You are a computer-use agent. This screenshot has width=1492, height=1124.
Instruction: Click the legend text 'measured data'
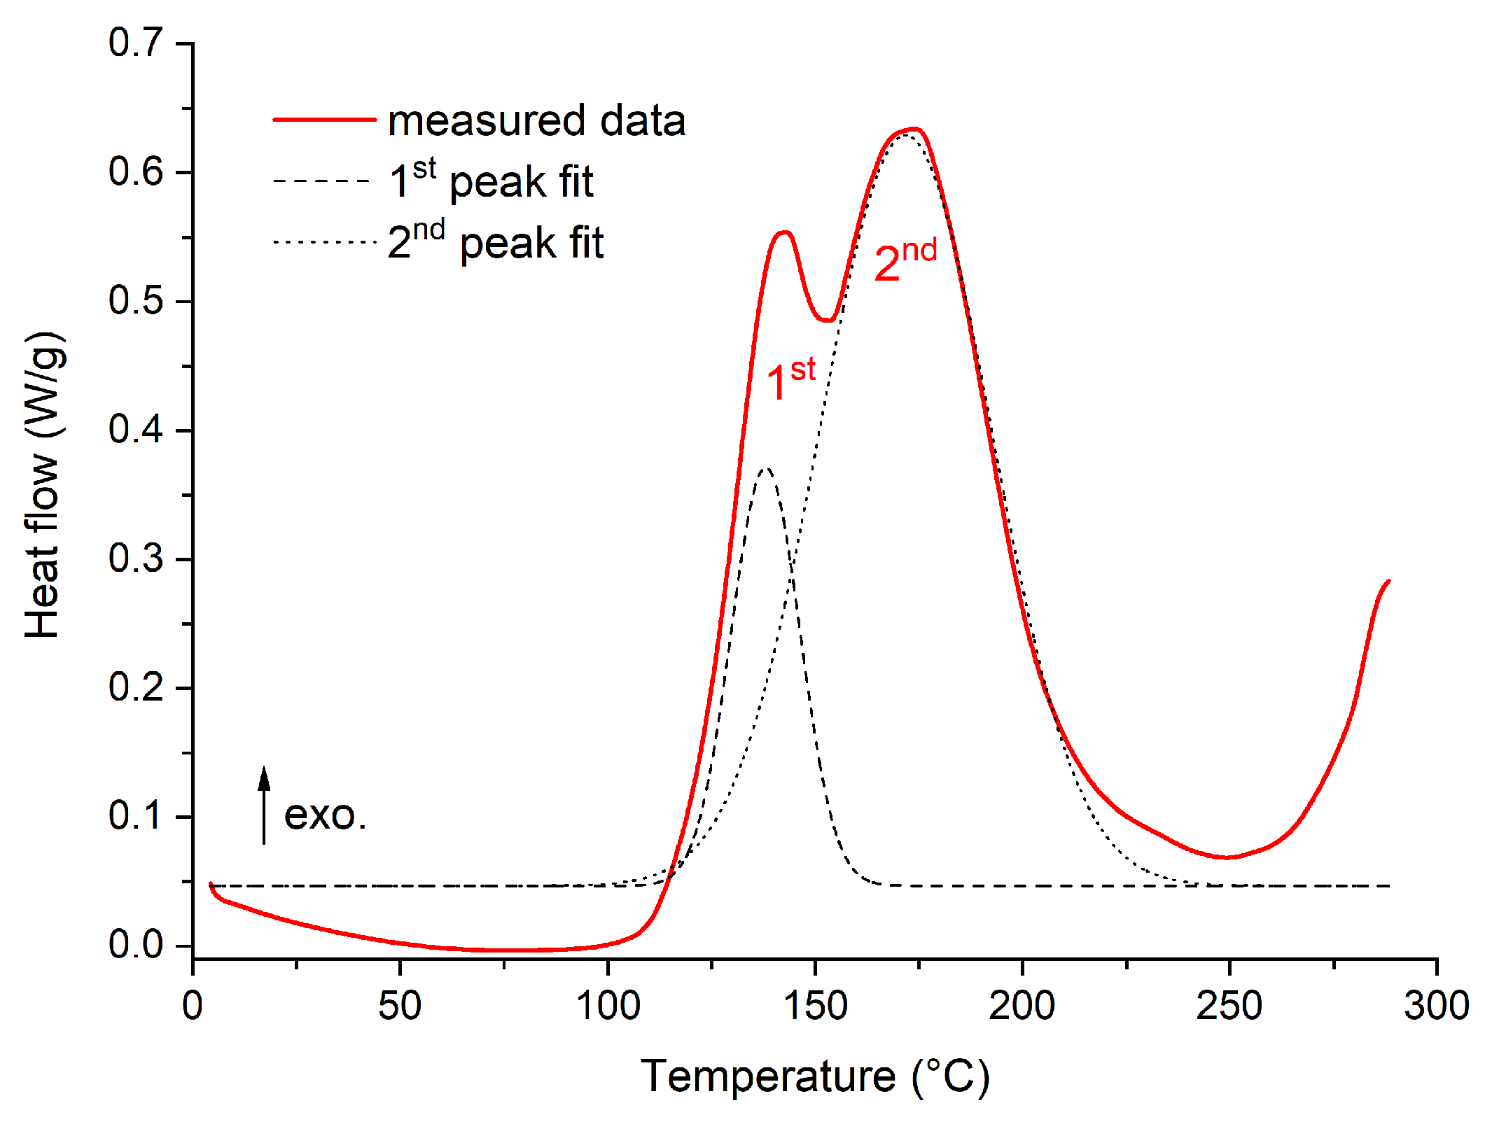pyautogui.click(x=536, y=120)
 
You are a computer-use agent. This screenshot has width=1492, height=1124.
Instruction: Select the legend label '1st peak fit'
pyautogui.click(x=491, y=181)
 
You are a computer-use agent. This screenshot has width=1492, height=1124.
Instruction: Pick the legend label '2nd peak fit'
pyautogui.click(x=496, y=241)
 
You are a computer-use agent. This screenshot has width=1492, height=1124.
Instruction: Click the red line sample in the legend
pyautogui.click(x=324, y=120)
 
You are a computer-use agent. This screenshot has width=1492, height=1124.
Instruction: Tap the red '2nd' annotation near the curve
pyautogui.click(x=905, y=260)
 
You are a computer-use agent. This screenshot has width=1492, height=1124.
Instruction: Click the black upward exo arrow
pyautogui.click(x=264, y=805)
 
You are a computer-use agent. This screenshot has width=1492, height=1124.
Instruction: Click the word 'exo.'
pyautogui.click(x=326, y=815)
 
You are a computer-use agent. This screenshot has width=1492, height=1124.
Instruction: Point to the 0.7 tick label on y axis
pyautogui.click(x=136, y=43)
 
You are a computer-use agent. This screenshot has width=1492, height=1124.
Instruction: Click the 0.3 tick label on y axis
pyautogui.click(x=136, y=559)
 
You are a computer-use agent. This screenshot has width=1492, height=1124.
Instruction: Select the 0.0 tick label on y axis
pyautogui.click(x=136, y=945)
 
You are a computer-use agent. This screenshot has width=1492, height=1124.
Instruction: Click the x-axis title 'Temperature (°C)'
pyautogui.click(x=815, y=1076)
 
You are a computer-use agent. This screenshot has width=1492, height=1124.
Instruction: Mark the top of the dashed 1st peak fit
pyautogui.click(x=767, y=468)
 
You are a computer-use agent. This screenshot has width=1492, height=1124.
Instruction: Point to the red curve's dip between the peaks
pyautogui.click(x=828, y=321)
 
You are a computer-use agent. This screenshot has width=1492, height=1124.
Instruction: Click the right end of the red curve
pyautogui.click(x=1388, y=581)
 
